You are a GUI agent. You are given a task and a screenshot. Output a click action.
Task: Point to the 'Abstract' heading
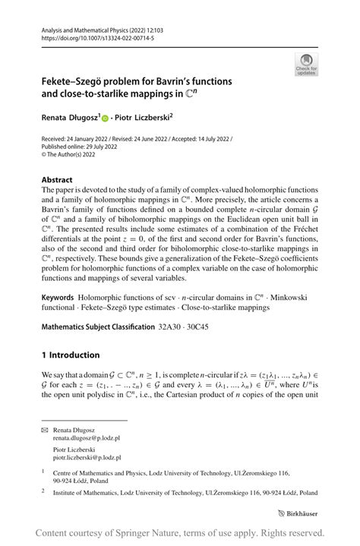[x=58, y=181]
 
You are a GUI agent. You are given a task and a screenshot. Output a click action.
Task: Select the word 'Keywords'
[x=62, y=292]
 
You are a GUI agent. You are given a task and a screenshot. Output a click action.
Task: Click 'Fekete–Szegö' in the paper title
[x=77, y=81]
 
